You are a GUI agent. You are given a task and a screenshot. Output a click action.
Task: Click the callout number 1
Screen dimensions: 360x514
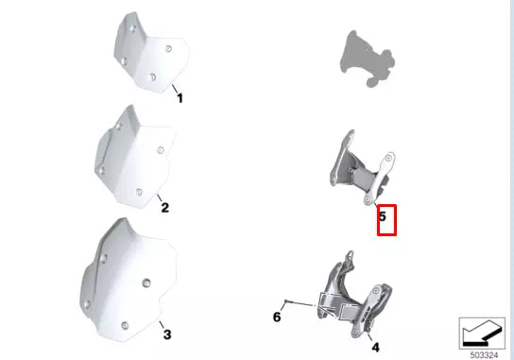point(180,97)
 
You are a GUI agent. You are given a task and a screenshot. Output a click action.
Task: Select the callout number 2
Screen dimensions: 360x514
point(164,207)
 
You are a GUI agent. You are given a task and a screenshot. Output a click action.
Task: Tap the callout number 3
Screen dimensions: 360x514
point(166,334)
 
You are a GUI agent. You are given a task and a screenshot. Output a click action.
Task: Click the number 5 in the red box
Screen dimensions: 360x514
point(383,216)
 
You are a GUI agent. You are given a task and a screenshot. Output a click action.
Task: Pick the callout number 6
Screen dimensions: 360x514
point(277,317)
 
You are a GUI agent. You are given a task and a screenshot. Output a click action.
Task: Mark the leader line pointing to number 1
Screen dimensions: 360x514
point(174,88)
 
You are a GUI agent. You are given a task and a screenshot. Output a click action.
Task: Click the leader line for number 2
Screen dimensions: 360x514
point(156,197)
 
